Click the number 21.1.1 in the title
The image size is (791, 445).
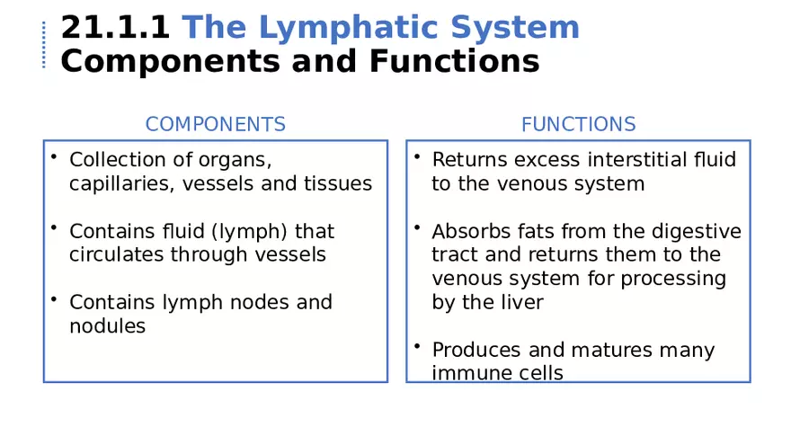114,28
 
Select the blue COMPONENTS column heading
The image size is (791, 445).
216,124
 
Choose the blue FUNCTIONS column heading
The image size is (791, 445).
578,124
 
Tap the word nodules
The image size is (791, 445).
107,325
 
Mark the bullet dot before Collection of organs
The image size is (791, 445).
54,157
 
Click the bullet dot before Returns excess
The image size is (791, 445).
417,157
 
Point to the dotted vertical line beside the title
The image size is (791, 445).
43,45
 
